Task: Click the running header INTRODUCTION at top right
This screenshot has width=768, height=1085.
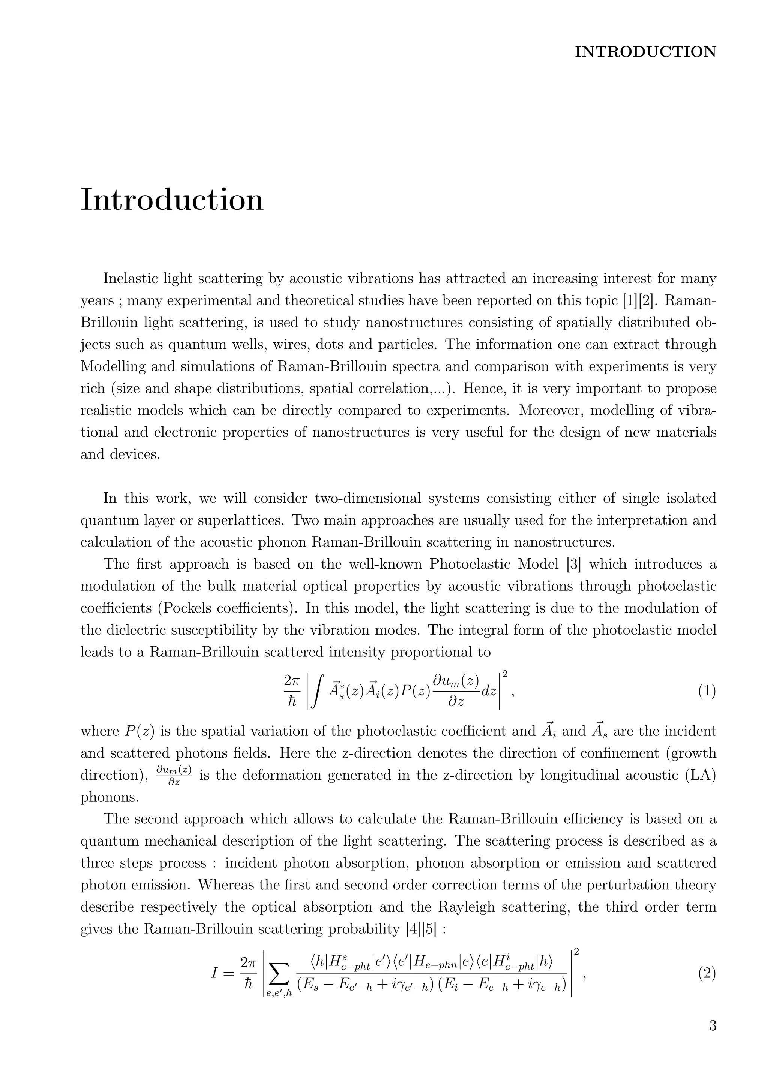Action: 645,51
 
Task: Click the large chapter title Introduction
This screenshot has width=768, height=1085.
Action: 172,200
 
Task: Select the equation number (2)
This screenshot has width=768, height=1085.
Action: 706,974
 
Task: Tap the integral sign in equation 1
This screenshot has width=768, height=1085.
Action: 318,692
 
